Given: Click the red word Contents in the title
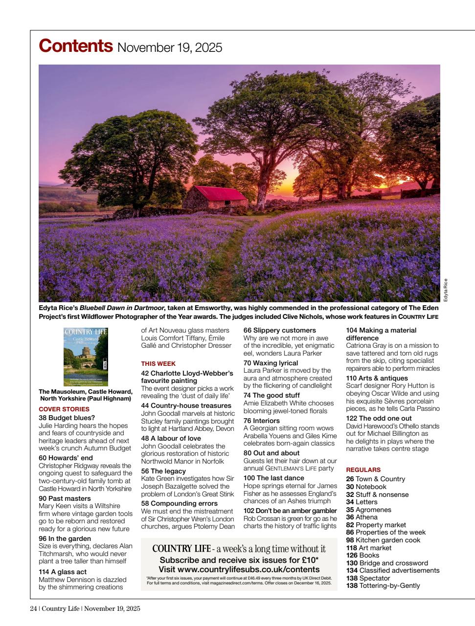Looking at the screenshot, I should pyautogui.click(x=75, y=46).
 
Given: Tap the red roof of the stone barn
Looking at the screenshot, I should pyautogui.click(x=211, y=192).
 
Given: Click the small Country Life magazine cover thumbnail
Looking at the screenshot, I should pyautogui.click(x=86, y=357).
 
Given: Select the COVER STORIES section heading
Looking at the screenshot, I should pyautogui.click(x=64, y=409).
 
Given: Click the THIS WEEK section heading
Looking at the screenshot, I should pyautogui.click(x=158, y=363).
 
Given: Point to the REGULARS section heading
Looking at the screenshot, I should pyautogui.click(x=363, y=469).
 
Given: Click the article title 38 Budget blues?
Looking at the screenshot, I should pyautogui.click(x=67, y=418).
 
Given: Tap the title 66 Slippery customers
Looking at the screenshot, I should pyautogui.click(x=279, y=330).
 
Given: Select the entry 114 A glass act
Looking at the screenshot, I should pyautogui.click(x=63, y=571).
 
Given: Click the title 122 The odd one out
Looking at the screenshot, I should pyautogui.click(x=379, y=418).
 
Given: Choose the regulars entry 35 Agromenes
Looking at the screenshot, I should pyautogui.click(x=368, y=510).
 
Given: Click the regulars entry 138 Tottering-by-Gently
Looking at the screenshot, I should pyautogui.click(x=383, y=585).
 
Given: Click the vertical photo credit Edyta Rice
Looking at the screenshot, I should pyautogui.click(x=445, y=290).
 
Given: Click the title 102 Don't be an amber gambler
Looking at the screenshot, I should pyautogui.click(x=290, y=511).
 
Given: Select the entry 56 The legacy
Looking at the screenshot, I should pyautogui.click(x=163, y=471).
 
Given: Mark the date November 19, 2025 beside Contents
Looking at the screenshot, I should pyautogui.click(x=170, y=48).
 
